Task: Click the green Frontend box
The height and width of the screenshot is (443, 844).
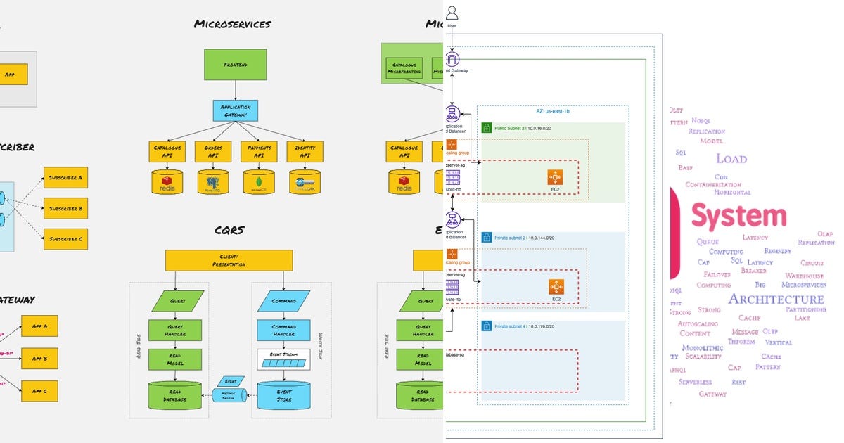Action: point(236,64)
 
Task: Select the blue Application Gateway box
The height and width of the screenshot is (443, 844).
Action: point(236,110)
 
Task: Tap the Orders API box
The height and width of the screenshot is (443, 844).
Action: point(213,151)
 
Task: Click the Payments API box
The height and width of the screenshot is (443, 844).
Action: point(260,151)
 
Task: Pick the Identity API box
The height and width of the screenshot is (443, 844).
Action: point(305,151)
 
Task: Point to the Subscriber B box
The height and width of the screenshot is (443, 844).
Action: point(65,208)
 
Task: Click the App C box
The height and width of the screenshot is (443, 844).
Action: point(39,390)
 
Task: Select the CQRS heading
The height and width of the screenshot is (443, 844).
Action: point(229,230)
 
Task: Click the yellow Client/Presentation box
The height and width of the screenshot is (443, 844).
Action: point(229,260)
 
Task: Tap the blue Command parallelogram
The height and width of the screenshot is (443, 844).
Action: point(284,301)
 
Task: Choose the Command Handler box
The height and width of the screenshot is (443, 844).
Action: point(283,330)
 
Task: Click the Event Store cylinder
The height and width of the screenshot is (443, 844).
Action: point(283,396)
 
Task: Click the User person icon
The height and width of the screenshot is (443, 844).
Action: point(452,13)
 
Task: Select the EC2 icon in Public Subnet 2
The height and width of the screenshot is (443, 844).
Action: point(556,176)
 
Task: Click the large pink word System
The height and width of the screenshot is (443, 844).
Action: point(738,216)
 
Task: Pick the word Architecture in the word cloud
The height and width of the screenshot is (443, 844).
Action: point(776,299)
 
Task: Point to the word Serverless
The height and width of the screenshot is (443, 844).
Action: point(695,382)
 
